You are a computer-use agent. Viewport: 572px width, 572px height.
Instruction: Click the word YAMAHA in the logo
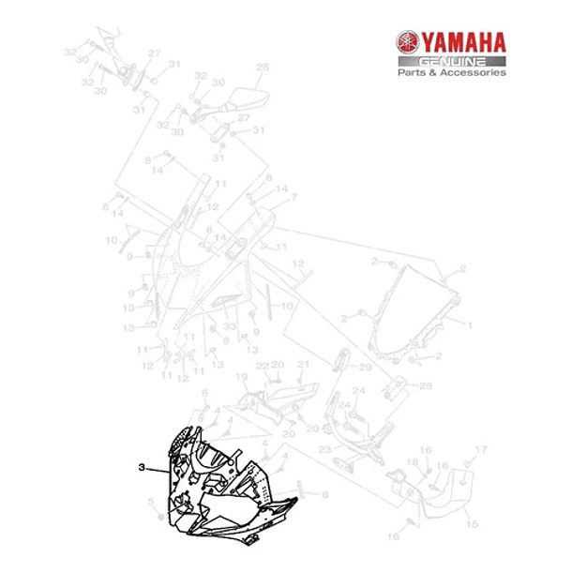[462, 42]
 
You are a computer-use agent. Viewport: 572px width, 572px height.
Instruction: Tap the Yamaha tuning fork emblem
[407, 43]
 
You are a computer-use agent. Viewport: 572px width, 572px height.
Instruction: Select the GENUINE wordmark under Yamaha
[449, 60]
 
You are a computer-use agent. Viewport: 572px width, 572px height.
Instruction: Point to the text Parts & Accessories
[451, 72]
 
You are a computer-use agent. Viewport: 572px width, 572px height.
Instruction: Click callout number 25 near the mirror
[262, 67]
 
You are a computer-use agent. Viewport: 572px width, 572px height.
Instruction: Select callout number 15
[472, 523]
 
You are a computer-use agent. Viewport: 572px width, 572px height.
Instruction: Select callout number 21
[302, 365]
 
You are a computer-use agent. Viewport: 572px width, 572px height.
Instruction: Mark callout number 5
[149, 503]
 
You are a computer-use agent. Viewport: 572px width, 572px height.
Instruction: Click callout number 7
[294, 197]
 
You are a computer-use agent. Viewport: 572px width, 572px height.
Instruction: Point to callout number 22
[263, 365]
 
